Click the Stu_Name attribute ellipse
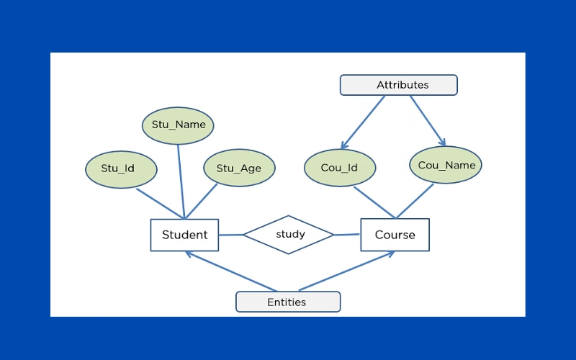(178, 125)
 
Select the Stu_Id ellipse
(121, 169)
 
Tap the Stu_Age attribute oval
(239, 168)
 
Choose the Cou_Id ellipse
(340, 168)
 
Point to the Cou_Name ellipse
(446, 165)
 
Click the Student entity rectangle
(184, 235)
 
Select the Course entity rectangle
(395, 235)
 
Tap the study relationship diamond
(289, 235)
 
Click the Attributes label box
(399, 85)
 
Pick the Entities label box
(288, 302)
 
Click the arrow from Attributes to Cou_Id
(363, 122)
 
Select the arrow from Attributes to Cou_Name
(428, 121)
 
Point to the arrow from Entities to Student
(230, 271)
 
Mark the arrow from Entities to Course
(347, 271)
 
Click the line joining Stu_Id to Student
(160, 204)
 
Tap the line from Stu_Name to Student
(181, 182)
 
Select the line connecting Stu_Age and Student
(201, 202)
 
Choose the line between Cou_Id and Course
(374, 202)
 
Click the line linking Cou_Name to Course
(415, 201)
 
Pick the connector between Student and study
(231, 235)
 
